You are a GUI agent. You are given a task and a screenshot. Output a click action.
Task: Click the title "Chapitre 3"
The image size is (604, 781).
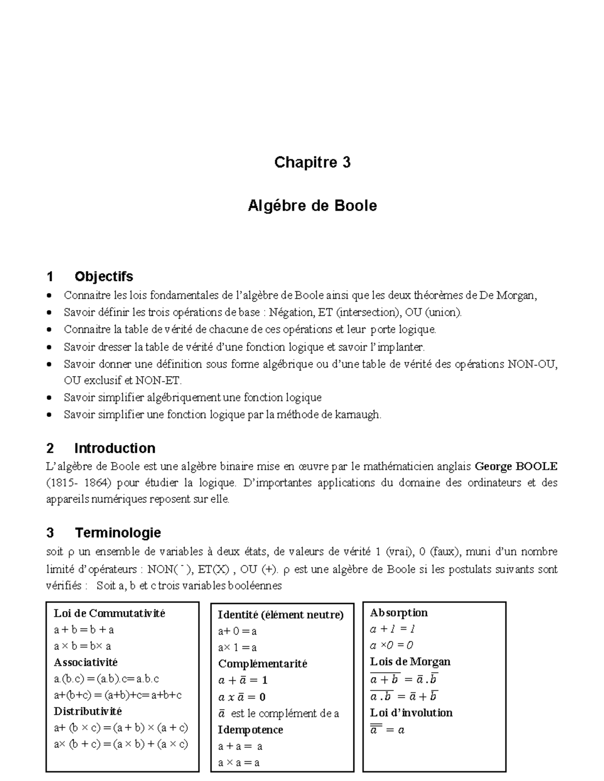point(312,162)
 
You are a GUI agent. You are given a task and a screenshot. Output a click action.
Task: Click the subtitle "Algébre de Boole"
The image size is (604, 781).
point(312,206)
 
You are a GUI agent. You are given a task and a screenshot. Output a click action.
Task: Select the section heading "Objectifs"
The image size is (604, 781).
point(104,277)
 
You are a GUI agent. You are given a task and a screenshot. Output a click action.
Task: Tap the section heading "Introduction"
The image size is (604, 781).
point(114,448)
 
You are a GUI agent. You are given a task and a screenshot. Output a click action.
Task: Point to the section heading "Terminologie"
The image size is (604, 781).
point(118,533)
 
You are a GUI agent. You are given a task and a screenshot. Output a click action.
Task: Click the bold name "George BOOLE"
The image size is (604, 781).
point(516,466)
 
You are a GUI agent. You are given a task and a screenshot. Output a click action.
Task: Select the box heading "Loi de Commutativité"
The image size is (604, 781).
point(109,613)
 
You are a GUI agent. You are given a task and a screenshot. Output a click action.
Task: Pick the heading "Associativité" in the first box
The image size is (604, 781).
point(86,662)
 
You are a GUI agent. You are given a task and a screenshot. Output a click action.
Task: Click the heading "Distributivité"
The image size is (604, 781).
point(88,711)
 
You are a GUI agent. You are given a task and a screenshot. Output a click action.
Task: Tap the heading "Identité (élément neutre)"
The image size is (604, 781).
point(280,615)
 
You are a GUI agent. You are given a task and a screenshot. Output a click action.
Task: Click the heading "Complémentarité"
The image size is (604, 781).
point(262,664)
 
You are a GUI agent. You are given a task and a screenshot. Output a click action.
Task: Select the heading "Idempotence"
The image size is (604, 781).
point(250,730)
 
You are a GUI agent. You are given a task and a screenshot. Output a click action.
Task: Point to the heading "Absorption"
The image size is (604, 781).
point(399,613)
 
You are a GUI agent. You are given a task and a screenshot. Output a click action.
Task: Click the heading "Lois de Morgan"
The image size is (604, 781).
point(410,662)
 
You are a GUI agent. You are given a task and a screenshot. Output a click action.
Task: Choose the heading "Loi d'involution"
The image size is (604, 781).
point(411,713)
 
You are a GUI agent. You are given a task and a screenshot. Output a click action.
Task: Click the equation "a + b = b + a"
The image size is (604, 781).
point(84,630)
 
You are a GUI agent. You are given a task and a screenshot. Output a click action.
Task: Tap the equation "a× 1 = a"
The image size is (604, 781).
point(237,648)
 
